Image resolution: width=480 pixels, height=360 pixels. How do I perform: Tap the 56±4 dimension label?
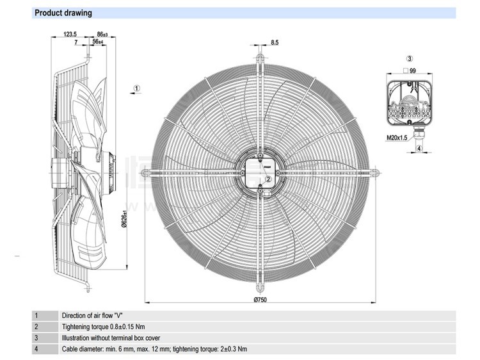click(98, 42)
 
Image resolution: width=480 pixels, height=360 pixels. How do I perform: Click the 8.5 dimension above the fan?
click(275, 42)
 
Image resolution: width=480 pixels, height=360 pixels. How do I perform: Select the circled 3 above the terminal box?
click(409, 58)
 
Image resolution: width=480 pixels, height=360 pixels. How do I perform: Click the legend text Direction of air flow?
click(97, 315)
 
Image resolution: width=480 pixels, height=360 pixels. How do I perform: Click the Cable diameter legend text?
click(154, 349)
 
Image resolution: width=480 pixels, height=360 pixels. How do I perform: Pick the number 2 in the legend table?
click(36, 327)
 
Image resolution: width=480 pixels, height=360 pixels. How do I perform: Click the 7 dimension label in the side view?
click(76, 42)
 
